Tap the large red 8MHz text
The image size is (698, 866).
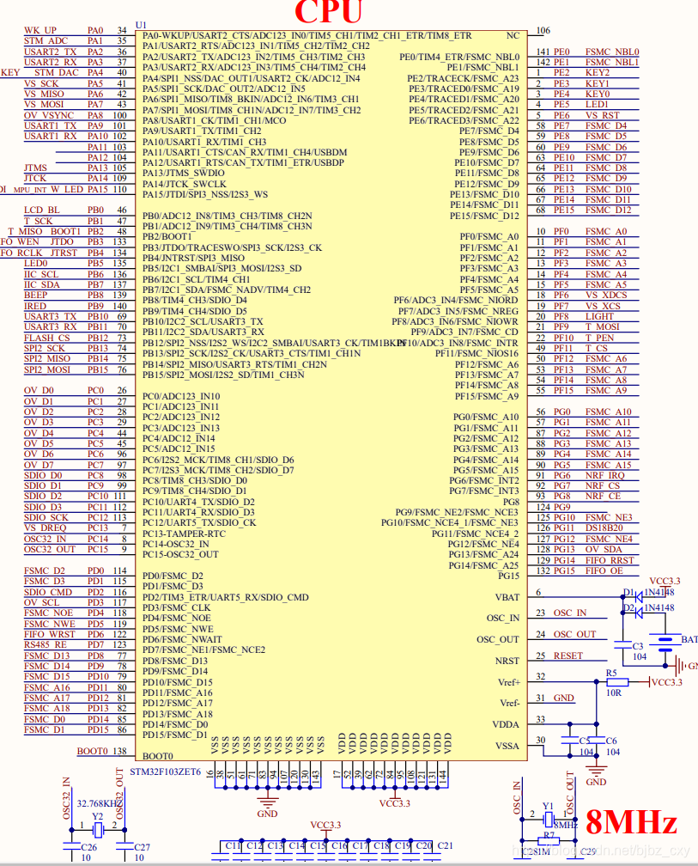click(x=631, y=822)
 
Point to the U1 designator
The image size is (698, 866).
click(x=141, y=24)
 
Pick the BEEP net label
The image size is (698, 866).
click(x=36, y=296)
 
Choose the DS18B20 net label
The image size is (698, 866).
click(x=604, y=528)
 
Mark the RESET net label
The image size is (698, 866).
click(x=568, y=656)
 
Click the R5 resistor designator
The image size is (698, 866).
click(x=611, y=672)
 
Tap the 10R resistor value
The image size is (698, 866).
click(x=613, y=692)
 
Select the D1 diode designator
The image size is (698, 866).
click(x=628, y=593)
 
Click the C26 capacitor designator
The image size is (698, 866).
click(x=89, y=847)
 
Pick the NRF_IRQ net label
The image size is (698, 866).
click(x=605, y=475)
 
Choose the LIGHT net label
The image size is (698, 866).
click(x=600, y=316)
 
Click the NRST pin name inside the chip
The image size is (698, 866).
click(x=507, y=661)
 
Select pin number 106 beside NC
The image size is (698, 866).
click(x=543, y=31)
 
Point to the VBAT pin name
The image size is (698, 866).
click(x=507, y=597)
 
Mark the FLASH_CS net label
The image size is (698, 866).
click(x=42, y=338)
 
